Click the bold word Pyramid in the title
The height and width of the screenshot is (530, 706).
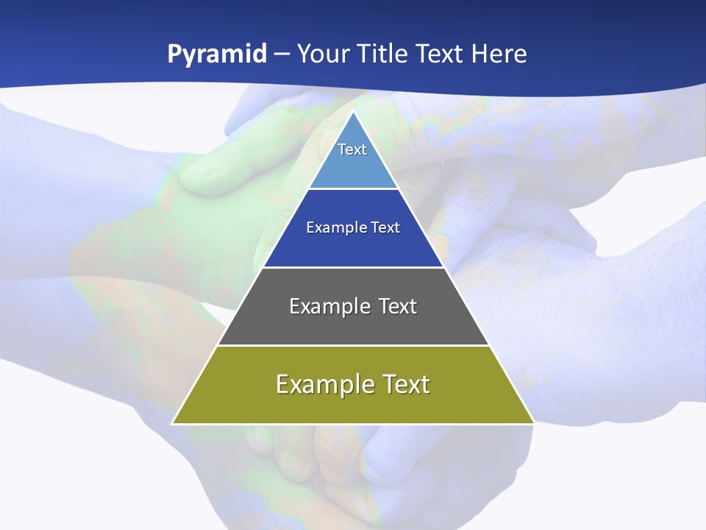(216, 54)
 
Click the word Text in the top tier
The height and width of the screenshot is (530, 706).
(352, 149)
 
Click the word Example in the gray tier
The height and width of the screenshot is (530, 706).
(327, 306)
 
